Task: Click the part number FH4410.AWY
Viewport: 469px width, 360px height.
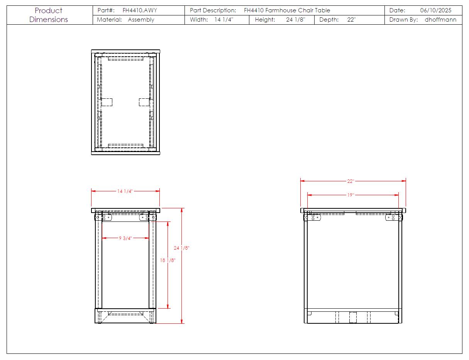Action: click(140, 10)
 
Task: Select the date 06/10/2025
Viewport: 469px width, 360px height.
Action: click(435, 10)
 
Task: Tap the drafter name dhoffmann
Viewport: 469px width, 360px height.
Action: click(440, 20)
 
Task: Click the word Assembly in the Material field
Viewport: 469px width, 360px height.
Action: click(141, 20)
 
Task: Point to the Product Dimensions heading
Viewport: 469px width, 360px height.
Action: click(49, 15)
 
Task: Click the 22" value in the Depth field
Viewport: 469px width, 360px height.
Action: click(351, 20)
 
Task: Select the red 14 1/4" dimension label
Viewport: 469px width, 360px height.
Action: click(125, 191)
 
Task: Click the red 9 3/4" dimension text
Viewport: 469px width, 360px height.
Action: click(125, 238)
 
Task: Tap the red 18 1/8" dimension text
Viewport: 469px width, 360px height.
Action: click(168, 260)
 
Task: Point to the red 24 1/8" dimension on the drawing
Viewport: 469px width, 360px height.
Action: click(181, 248)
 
